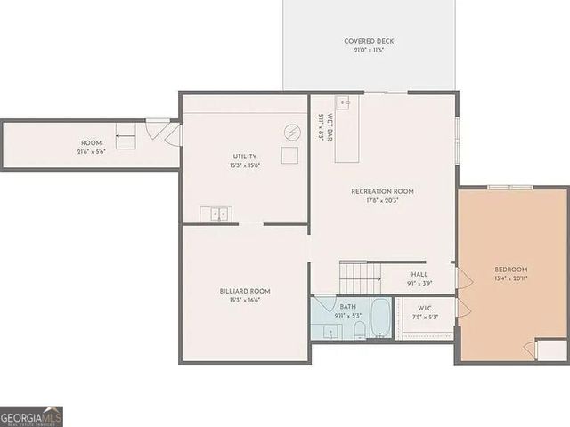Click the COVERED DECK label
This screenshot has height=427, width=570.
tap(369, 41)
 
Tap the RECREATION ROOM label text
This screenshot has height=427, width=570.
tap(382, 191)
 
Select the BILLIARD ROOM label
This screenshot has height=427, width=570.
tap(245, 291)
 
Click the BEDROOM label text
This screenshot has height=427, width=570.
tap(511, 270)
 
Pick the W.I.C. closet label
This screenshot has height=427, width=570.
tap(425, 307)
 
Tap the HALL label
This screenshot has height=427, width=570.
tap(419, 275)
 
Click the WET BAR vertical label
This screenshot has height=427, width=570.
tap(330, 127)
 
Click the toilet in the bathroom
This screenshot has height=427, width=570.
tap(359, 331)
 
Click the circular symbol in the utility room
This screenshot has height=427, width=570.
tap(292, 133)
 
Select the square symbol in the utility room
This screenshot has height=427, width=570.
tap(290, 156)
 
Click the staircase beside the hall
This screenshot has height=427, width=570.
tap(354, 277)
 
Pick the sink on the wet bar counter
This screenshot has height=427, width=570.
tap(343, 103)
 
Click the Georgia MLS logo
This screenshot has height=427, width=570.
tap(31, 416)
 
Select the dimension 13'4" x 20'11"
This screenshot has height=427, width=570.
tap(511, 278)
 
